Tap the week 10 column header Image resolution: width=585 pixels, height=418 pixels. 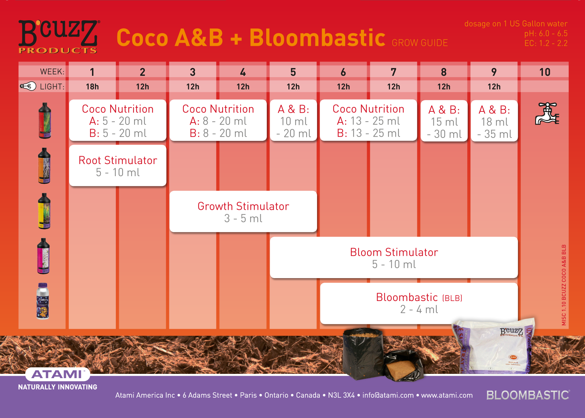[545, 72]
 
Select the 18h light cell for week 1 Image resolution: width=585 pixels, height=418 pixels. [92, 87]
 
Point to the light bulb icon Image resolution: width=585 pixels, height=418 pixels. [28, 86]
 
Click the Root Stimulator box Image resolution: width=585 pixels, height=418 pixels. [118, 166]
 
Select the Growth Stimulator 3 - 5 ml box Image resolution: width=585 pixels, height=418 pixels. [243, 212]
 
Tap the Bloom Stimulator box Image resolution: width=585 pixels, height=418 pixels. [394, 258]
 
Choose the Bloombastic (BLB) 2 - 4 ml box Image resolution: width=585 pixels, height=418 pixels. [419, 303]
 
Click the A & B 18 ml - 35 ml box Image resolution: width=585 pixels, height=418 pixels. [494, 121]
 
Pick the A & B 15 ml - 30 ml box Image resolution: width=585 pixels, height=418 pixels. [444, 121]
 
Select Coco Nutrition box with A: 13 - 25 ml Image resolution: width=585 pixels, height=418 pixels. [368, 120]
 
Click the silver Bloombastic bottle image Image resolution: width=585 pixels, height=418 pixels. [43, 301]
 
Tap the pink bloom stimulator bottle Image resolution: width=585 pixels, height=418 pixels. [43, 256]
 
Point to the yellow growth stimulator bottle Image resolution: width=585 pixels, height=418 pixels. [44, 211]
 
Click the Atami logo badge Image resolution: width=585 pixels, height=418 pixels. [57, 374]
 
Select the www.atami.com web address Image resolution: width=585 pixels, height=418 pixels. [447, 395]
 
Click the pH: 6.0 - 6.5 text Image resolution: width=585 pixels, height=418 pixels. [546, 33]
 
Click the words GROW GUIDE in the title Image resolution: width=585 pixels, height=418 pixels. [420, 43]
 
